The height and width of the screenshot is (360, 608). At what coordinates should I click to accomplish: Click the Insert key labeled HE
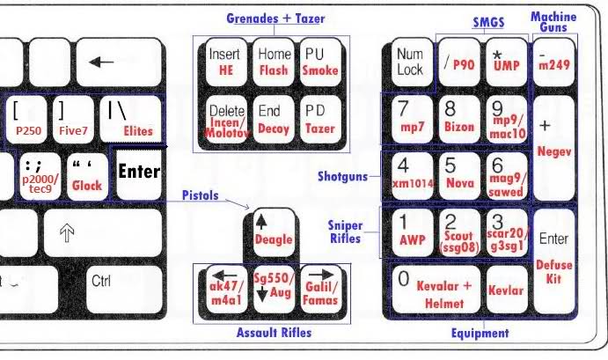225,61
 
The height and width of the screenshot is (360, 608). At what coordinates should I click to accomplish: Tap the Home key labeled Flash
273,61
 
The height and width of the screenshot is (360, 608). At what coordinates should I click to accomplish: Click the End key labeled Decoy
273,120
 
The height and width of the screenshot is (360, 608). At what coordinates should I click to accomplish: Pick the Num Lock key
409,61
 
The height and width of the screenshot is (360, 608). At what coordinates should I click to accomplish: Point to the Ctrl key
102,282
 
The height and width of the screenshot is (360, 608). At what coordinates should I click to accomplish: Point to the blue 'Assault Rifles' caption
274,333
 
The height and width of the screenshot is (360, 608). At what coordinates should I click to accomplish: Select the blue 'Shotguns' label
341,176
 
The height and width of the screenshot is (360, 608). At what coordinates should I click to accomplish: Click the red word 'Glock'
87,186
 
